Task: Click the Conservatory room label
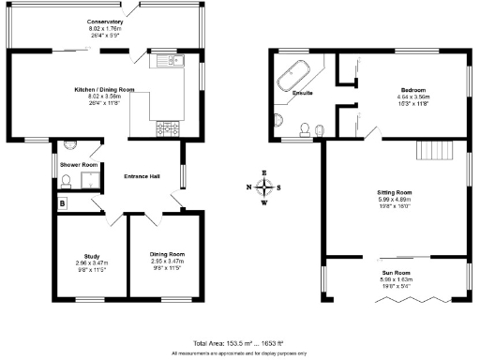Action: coord(105,21)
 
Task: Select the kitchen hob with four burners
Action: coord(171,126)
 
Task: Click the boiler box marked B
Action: coord(63,202)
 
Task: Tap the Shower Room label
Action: coord(79,165)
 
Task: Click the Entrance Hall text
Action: coord(142,176)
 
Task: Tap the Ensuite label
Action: coord(303,94)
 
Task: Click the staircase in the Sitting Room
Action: coord(434,150)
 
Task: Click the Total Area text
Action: coord(239,344)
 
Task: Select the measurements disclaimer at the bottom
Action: coord(239,353)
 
